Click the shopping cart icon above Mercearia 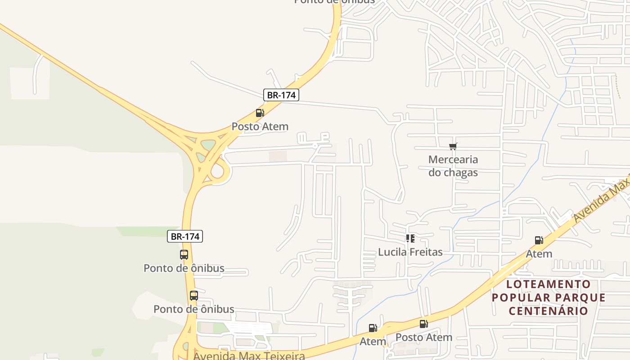click(453, 146)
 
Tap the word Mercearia click(453, 159)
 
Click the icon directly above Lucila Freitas click(410, 238)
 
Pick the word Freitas click(427, 252)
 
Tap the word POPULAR click(521, 297)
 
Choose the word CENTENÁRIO click(549, 310)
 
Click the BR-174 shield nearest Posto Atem click(281, 95)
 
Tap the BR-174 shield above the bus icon click(185, 236)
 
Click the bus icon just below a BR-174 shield click(184, 255)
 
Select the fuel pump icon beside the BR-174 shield click(260, 113)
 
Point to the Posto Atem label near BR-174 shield click(260, 126)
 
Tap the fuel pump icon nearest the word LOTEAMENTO click(539, 240)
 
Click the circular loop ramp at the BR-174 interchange click(219, 171)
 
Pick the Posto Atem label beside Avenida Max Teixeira click(423, 337)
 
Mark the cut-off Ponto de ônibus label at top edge click(334, 2)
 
